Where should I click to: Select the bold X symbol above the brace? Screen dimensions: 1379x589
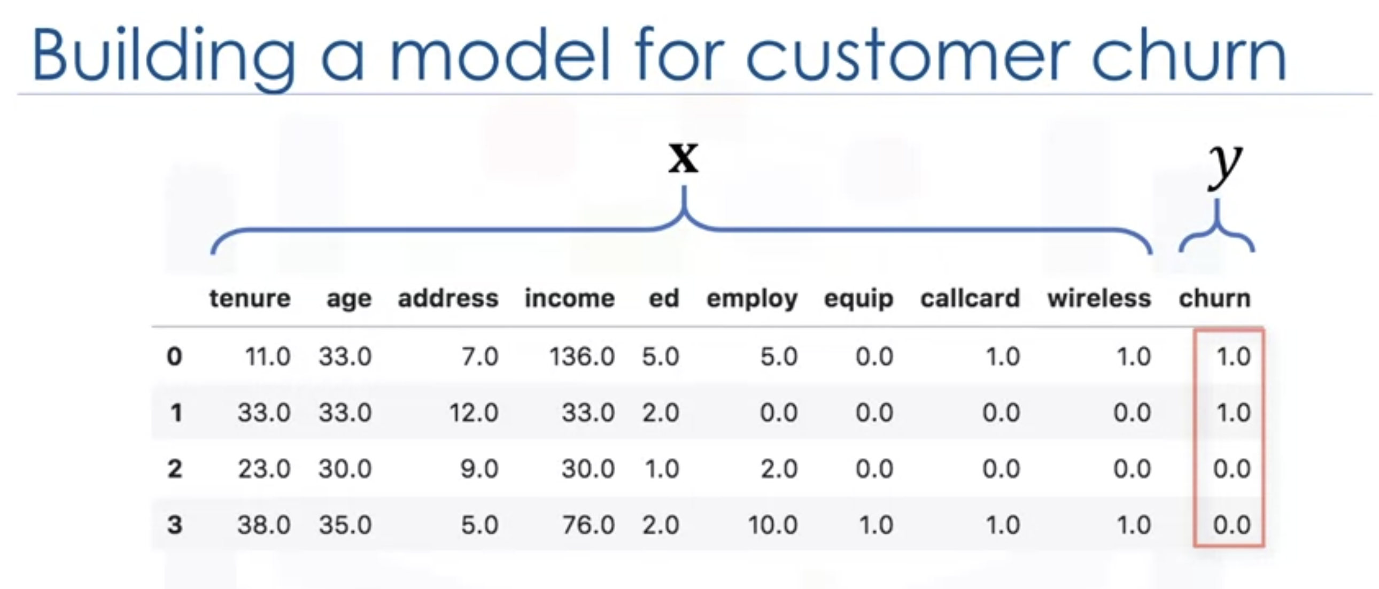pos(684,158)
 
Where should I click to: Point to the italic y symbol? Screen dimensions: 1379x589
pos(1226,167)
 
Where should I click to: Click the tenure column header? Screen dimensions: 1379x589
pos(250,298)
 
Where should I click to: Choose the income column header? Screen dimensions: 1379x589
pos(570,298)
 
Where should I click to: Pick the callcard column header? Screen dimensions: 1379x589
pos(970,298)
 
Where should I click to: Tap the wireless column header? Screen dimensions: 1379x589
pos(1099,298)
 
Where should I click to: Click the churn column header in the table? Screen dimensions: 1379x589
pos(1215,298)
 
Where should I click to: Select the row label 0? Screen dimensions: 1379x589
pos(175,356)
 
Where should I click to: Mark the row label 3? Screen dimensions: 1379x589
pos(175,524)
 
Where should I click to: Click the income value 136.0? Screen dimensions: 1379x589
pos(582,356)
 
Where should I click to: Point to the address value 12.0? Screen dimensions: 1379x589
pos(474,413)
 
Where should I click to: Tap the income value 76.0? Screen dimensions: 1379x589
pos(588,525)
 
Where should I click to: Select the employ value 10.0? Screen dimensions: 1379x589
pos(772,525)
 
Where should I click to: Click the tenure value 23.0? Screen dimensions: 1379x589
pos(264,469)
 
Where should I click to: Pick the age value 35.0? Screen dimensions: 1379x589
pos(345,525)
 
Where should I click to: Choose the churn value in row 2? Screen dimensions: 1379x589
pos(1232,469)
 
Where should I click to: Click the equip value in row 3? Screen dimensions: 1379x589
pos(876,525)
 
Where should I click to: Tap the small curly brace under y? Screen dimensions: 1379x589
pos(1217,230)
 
